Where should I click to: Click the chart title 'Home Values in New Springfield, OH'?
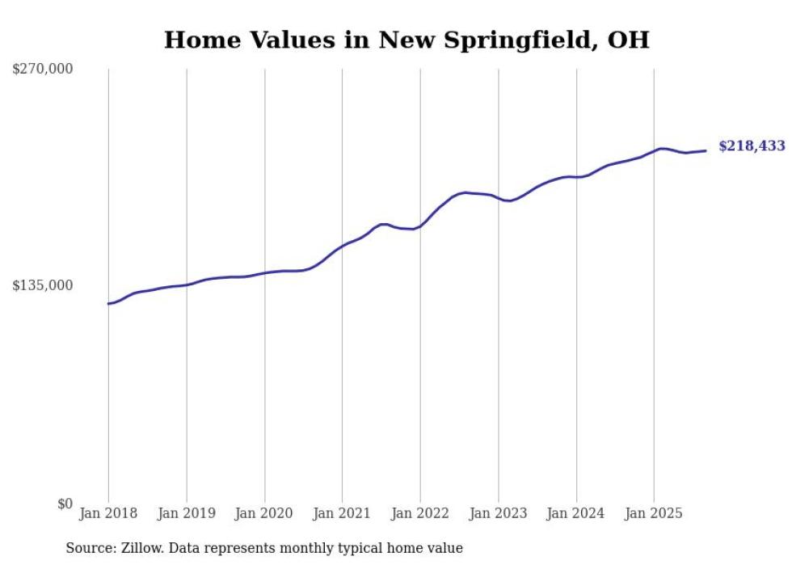[406, 40]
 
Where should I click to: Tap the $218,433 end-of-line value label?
[752, 146]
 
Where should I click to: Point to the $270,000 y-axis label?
[42, 69]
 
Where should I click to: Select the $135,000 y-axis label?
[42, 285]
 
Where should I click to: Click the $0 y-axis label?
[65, 504]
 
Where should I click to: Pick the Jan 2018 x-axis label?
[108, 513]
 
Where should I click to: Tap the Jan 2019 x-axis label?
[187, 513]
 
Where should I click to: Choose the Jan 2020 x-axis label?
[264, 513]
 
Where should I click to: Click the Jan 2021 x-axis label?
[342, 513]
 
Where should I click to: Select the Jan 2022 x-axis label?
[420, 513]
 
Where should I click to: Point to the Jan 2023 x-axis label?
[499, 513]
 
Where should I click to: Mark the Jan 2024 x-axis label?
[576, 513]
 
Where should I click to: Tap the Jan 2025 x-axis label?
[654, 513]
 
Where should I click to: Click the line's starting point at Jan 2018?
[108, 304]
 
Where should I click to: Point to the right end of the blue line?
[706, 150]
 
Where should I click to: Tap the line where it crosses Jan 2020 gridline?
[264, 273]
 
